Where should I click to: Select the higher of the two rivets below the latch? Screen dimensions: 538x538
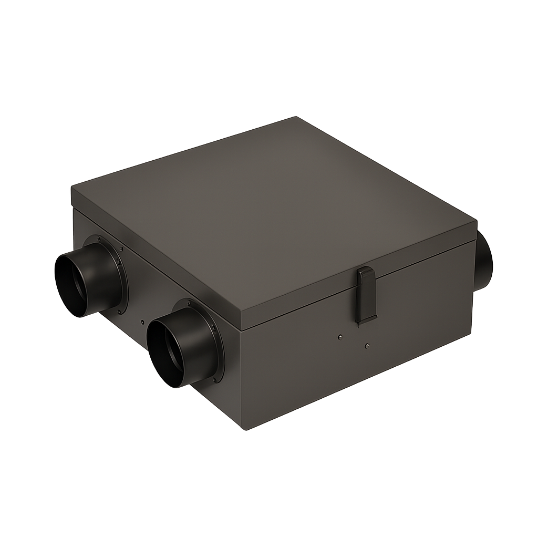coord(340,336)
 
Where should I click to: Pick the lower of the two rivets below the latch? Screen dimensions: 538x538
coord(367,346)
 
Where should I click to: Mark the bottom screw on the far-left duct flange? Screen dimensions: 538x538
coord(120,312)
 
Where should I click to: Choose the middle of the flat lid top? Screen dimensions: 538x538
coord(273,210)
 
